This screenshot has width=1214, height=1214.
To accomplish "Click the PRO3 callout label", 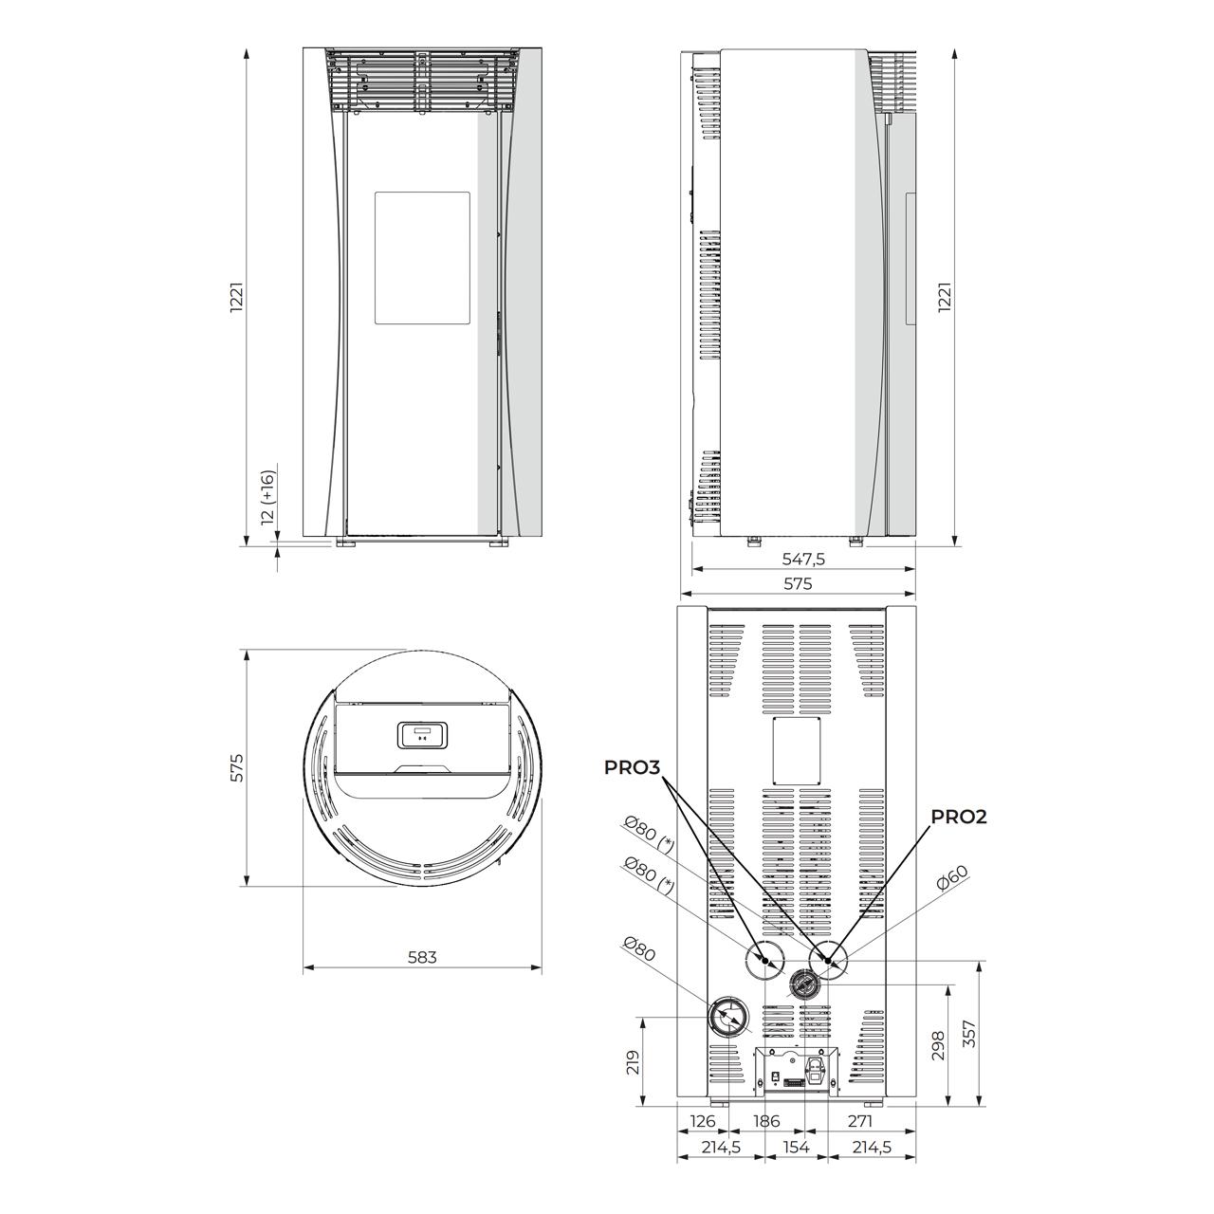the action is (632, 767).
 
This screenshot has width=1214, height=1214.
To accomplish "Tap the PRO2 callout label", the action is (959, 817).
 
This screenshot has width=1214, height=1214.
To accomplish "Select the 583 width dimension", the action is (422, 957).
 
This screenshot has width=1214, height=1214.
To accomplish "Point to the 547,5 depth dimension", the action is (803, 559).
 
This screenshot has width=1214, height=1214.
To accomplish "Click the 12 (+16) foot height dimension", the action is (267, 496).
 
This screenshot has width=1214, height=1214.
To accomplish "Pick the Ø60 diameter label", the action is (952, 877).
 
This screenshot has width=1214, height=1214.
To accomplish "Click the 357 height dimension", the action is (969, 1033).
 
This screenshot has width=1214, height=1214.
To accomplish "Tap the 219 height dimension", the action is (634, 1062).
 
